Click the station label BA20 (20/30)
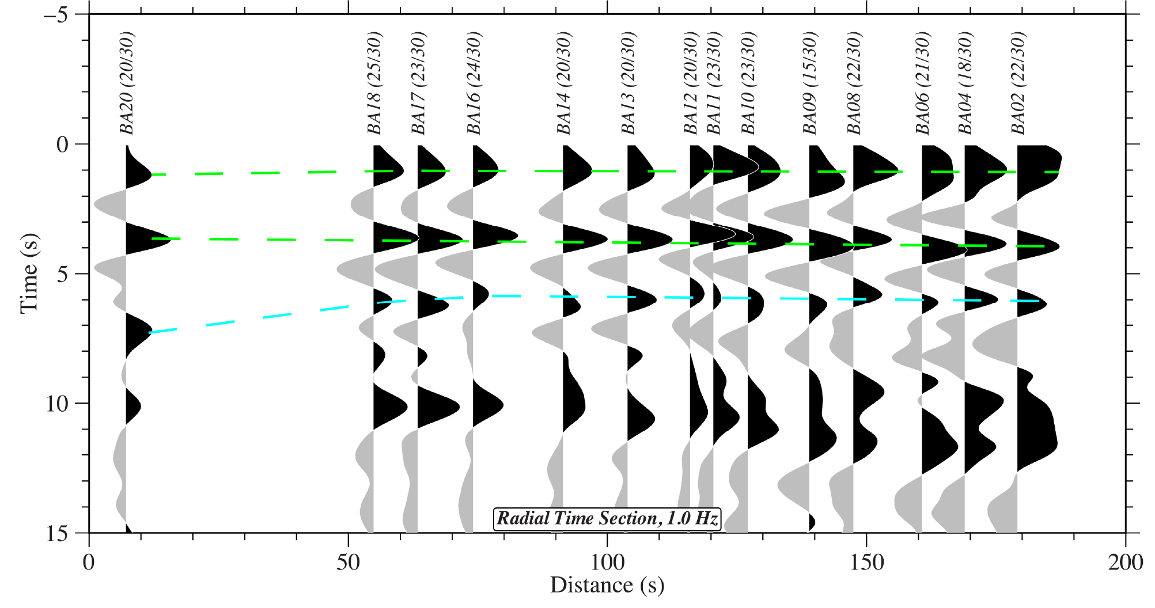coord(126,83)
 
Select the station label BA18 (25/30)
coord(374,83)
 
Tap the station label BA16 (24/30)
coord(474,83)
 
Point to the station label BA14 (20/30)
coord(563,83)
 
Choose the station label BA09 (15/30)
coord(810,83)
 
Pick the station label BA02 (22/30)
coord(1018,83)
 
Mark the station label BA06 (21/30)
coord(923,83)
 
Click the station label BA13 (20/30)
coord(628,83)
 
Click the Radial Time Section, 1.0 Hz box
coord(608,518)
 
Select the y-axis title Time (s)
coord(29,273)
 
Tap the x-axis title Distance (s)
coord(607,586)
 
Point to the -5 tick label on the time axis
coord(55,14)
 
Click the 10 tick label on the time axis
coord(57,404)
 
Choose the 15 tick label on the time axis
coord(57,534)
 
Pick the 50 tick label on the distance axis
coord(348,562)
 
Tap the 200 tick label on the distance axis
coord(1125,562)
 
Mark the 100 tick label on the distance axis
coord(607,562)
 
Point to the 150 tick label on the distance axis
coord(866,562)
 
